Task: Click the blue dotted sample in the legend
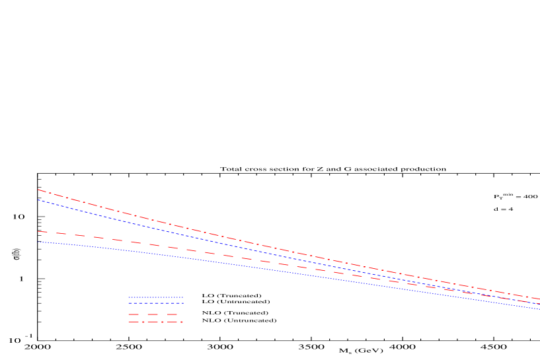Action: click(x=156, y=297)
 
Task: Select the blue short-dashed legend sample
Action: click(x=156, y=303)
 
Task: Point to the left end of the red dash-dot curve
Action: click(x=38, y=190)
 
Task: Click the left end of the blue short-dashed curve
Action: click(x=38, y=199)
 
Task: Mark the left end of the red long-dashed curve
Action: click(x=38, y=231)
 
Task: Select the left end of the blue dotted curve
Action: click(x=38, y=242)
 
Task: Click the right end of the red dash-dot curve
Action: click(x=539, y=299)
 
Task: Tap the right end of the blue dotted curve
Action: click(x=539, y=309)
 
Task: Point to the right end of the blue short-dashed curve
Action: click(x=539, y=304)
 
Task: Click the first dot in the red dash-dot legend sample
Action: click(x=143, y=322)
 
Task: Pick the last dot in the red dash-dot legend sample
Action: click(x=181, y=322)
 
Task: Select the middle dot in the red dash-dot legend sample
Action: click(x=162, y=322)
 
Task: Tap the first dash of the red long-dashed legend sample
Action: click(x=134, y=314)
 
